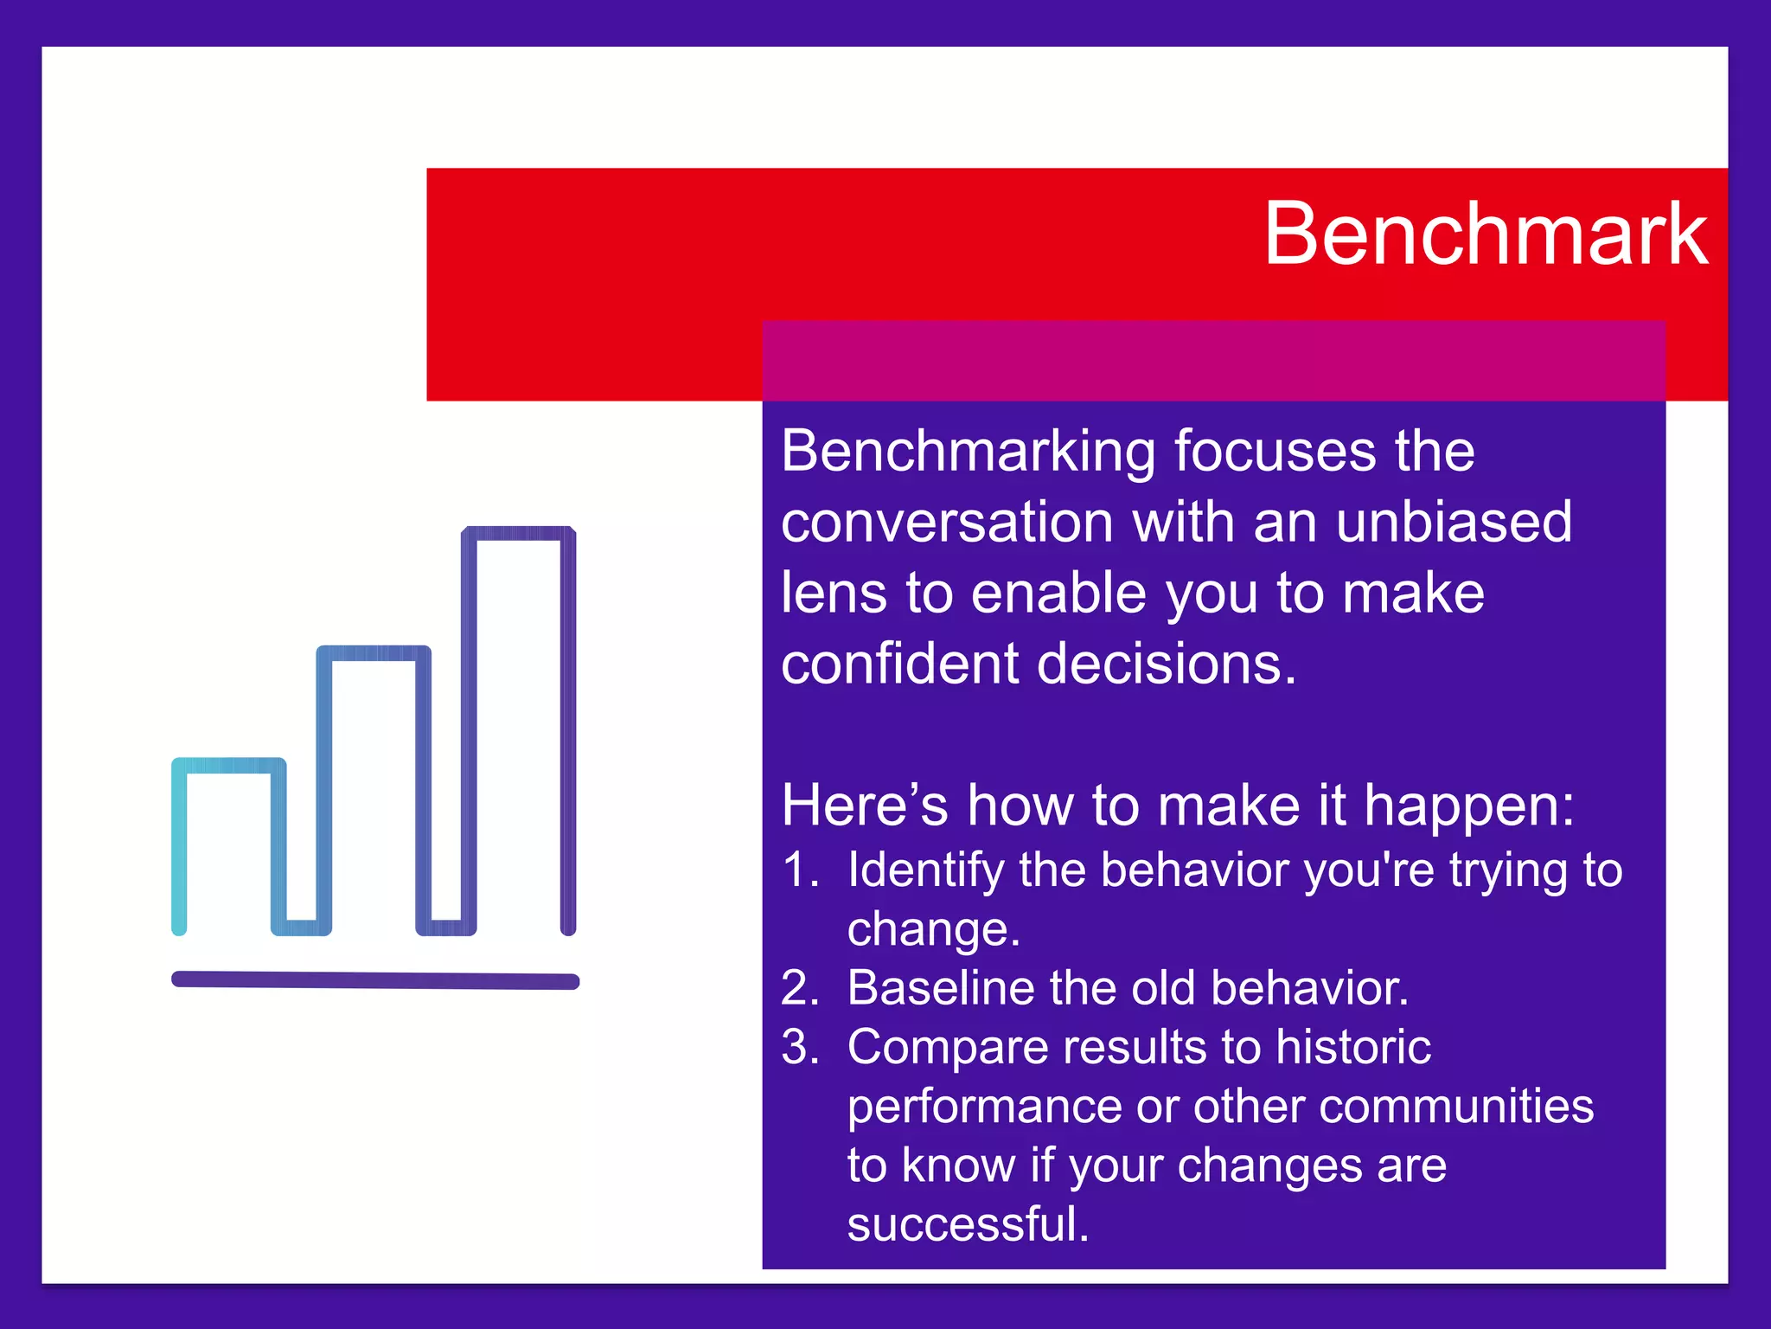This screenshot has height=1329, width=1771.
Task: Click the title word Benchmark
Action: (x=1485, y=234)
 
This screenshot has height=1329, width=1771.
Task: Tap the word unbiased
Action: (x=1454, y=523)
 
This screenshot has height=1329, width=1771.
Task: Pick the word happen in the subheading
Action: (x=1469, y=806)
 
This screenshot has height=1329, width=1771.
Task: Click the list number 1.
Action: (x=799, y=870)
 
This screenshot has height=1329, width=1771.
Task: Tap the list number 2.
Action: (x=799, y=988)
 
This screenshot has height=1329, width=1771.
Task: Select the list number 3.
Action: (x=799, y=1047)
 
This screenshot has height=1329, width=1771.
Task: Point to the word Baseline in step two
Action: (x=939, y=988)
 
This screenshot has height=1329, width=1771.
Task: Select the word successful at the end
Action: (x=968, y=1224)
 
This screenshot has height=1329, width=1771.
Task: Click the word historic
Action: (x=1353, y=1047)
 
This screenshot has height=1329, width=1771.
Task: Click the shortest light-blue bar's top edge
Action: (x=229, y=766)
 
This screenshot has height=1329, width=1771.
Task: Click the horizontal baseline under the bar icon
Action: (x=375, y=980)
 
